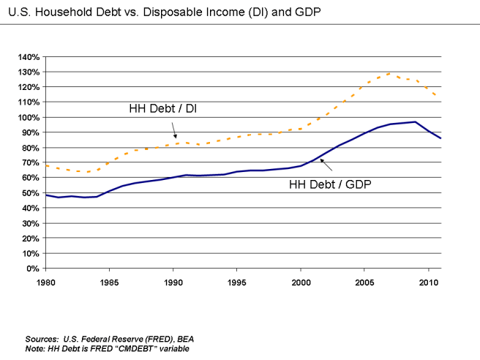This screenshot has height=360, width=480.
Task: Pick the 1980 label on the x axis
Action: [45, 280]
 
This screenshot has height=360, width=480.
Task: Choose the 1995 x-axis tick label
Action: [237, 280]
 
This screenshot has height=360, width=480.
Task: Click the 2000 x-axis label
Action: [301, 280]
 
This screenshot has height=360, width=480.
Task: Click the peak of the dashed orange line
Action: [390, 73]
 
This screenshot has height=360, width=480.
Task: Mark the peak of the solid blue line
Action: [415, 121]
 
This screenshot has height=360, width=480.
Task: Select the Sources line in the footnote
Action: [109, 340]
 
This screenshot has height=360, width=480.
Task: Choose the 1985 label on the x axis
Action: [109, 280]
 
